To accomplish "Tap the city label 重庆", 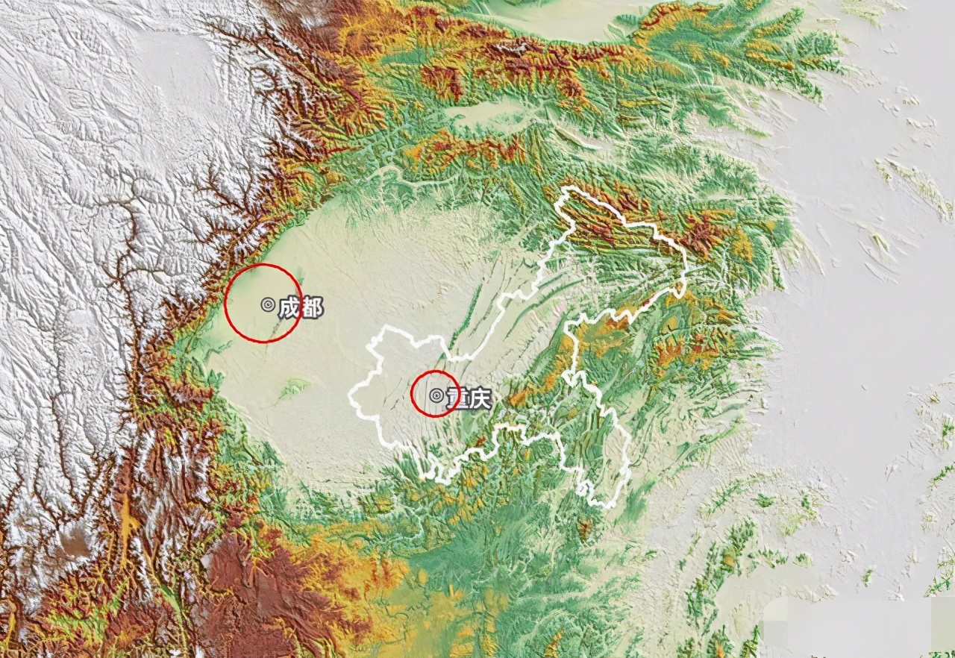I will coord(466,399).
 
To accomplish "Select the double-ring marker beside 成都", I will coord(268,304).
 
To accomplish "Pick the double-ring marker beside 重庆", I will coord(436,396).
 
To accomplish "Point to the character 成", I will coord(289,307).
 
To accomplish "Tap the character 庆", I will coord(478,400).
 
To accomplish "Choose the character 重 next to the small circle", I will coord(454,398).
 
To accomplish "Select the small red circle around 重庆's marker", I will coord(435,372).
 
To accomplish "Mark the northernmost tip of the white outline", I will coord(569,187).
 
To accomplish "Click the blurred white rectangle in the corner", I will coord(858,627).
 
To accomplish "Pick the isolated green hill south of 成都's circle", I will coord(293,387).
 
